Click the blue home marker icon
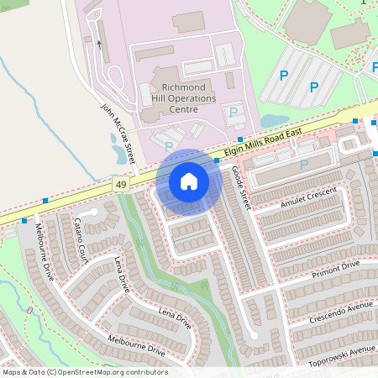[x=189, y=181]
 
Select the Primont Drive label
[x=335, y=269]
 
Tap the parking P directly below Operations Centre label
[x=234, y=112]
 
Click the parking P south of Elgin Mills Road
[x=303, y=164]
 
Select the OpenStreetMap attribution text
[x=85, y=372]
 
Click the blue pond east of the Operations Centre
[x=274, y=121]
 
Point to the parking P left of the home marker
[x=169, y=146]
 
